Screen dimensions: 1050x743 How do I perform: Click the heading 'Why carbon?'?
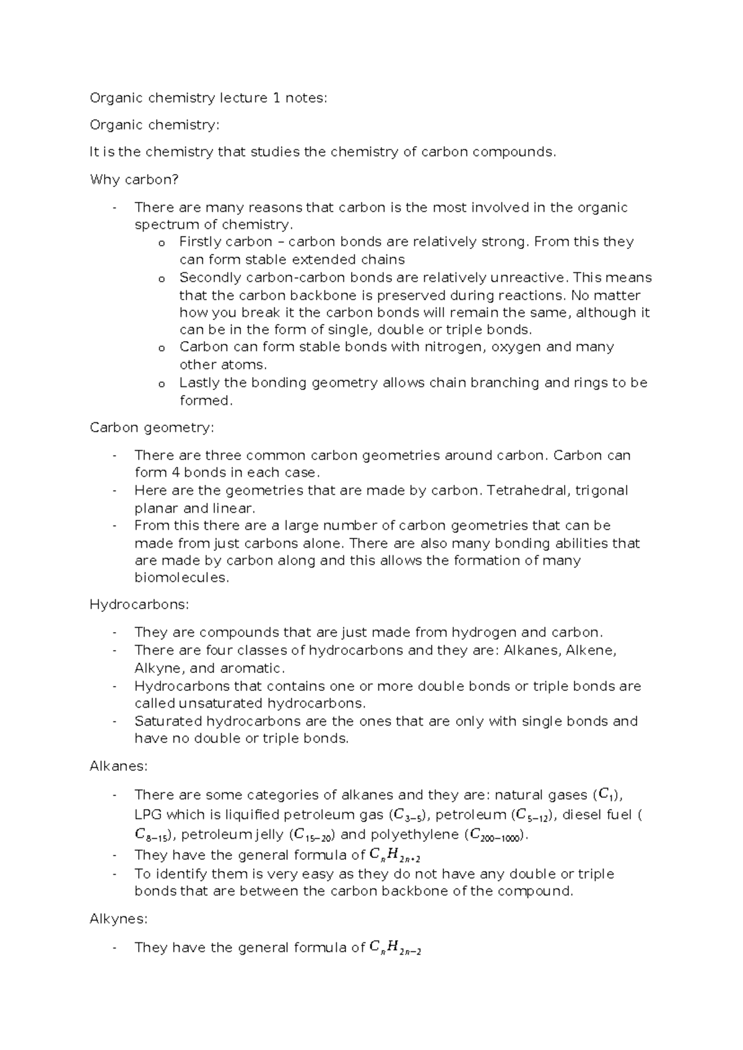[x=134, y=180]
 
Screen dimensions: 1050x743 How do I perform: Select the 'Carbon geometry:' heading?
[x=152, y=427]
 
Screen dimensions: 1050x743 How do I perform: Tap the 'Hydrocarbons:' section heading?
[x=139, y=604]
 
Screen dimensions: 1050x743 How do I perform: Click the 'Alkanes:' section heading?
[x=119, y=766]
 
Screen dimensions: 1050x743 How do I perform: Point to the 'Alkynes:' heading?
[x=119, y=919]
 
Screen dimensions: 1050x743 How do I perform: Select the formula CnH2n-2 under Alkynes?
[x=395, y=948]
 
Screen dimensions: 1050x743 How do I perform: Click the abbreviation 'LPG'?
[x=147, y=815]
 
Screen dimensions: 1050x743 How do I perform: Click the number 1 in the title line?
[x=276, y=98]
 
